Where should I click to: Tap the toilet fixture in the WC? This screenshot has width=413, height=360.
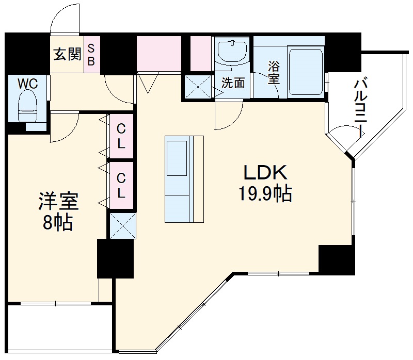click(x=28, y=106)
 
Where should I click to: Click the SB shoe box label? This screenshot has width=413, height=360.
click(x=92, y=54)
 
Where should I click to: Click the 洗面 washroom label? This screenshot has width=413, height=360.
click(x=233, y=83)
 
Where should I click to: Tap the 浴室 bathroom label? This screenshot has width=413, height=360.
click(x=274, y=72)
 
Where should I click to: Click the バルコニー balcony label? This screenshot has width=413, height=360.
click(x=361, y=108)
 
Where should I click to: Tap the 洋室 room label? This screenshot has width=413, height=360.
click(x=58, y=202)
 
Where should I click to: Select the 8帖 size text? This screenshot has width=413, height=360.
click(x=58, y=223)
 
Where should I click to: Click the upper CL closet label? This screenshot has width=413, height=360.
click(x=121, y=136)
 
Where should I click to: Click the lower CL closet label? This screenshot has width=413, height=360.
click(x=121, y=186)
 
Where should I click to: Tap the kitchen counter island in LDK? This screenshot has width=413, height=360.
click(x=184, y=178)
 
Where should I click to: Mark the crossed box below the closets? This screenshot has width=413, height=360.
click(x=122, y=225)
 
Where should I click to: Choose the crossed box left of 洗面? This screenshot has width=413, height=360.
click(x=199, y=86)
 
